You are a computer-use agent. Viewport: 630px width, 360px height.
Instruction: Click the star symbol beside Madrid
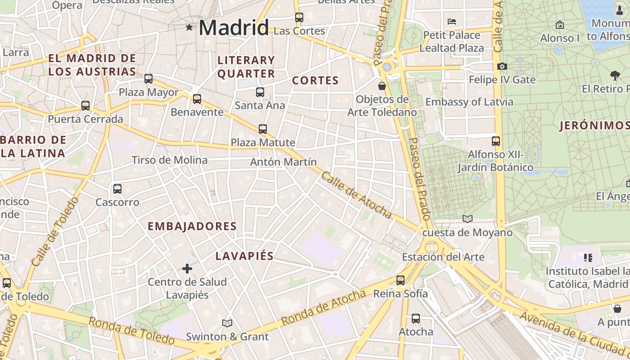tap(189, 27)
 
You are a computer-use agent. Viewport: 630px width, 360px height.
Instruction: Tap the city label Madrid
tap(234, 28)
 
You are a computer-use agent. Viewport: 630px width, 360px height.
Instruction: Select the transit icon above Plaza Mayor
tap(148, 79)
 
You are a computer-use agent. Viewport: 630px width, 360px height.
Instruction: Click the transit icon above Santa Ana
tap(260, 92)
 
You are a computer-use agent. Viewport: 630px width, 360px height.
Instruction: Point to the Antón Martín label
tap(283, 162)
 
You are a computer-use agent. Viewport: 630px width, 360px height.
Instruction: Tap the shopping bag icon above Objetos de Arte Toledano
tap(382, 85)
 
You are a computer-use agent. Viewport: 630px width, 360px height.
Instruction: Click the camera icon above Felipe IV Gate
tap(502, 66)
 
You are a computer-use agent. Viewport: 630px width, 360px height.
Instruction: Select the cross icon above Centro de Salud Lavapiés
tap(187, 269)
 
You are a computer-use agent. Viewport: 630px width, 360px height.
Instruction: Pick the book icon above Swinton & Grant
tap(227, 323)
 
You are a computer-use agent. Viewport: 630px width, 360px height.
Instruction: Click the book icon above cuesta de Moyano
tap(468, 219)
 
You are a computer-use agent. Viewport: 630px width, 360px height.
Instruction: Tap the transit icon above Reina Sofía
tap(400, 280)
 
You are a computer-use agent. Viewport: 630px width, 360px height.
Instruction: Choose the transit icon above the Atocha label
tap(416, 319)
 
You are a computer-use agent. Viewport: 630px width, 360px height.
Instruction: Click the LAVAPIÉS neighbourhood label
tap(244, 256)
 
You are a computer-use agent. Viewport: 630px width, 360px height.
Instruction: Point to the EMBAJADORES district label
tap(192, 226)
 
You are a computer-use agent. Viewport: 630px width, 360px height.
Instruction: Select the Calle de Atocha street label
tap(356, 195)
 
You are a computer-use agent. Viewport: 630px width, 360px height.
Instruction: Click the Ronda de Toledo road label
tap(131, 330)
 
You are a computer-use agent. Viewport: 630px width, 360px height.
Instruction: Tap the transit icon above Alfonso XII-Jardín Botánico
tap(496, 141)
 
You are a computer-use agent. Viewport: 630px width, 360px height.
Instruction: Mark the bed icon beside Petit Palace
tap(452, 21)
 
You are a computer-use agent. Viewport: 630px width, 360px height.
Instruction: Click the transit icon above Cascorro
tap(117, 189)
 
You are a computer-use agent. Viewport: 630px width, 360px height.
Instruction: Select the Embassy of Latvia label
tap(469, 102)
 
